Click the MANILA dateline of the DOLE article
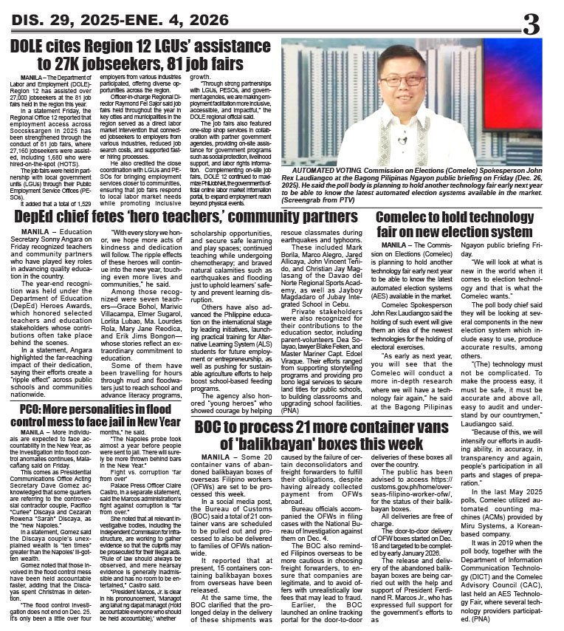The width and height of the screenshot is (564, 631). pyautogui.click(x=34, y=77)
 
